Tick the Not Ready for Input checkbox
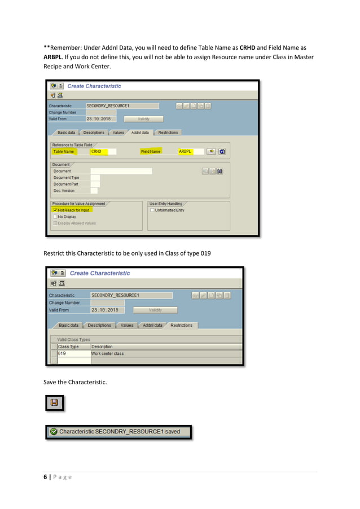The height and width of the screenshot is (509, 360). pyautogui.click(x=55, y=210)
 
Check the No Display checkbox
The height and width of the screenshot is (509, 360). pyautogui.click(x=55, y=217)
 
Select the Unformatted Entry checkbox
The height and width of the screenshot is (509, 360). pyautogui.click(x=152, y=210)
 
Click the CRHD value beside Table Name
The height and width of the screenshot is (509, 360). pyautogui.click(x=96, y=151)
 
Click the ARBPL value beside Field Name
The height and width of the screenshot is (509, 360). pyautogui.click(x=186, y=151)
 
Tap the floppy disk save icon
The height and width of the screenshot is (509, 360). pyautogui.click(x=54, y=402)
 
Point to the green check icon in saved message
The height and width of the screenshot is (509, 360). pyautogui.click(x=54, y=432)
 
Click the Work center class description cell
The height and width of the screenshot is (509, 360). pyautogui.click(x=108, y=354)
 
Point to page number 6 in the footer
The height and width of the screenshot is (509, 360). pyautogui.click(x=46, y=477)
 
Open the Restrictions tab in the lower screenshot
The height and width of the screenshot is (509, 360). pyautogui.click(x=181, y=326)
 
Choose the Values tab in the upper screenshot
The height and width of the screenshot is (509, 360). pyautogui.click(x=118, y=133)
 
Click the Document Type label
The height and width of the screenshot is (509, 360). pyautogui.click(x=67, y=177)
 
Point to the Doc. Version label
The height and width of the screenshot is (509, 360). pyautogui.click(x=64, y=191)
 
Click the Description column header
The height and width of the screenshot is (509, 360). pyautogui.click(x=102, y=346)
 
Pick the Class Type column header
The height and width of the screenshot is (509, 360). pyautogui.click(x=68, y=346)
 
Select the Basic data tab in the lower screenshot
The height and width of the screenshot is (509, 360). pyautogui.click(x=68, y=326)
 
